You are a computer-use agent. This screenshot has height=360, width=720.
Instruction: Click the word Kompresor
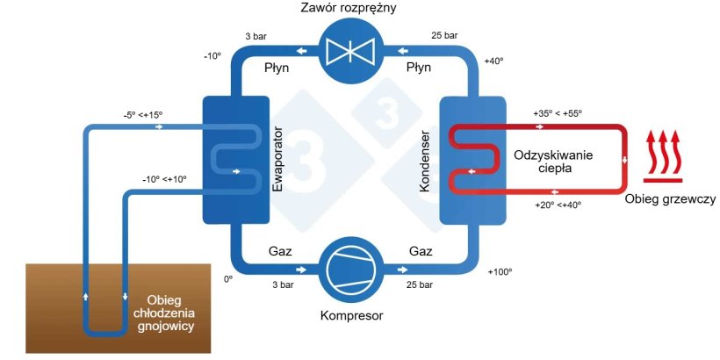[x=349, y=314]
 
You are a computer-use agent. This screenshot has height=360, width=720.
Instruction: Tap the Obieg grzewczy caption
[x=670, y=199]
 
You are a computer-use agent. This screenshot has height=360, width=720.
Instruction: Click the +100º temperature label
[x=499, y=271]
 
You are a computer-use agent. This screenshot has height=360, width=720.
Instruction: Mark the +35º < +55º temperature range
[x=558, y=114]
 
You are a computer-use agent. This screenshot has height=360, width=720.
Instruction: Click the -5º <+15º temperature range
[x=144, y=114]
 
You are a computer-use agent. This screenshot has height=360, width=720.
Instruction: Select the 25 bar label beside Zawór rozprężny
[x=444, y=36]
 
